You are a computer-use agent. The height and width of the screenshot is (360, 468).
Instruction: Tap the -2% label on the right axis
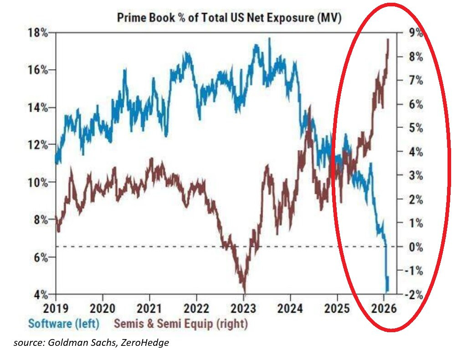[413, 294]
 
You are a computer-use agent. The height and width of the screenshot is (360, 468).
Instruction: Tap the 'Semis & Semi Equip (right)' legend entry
[180, 324]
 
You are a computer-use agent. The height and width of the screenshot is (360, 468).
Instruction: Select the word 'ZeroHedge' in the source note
[146, 342]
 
